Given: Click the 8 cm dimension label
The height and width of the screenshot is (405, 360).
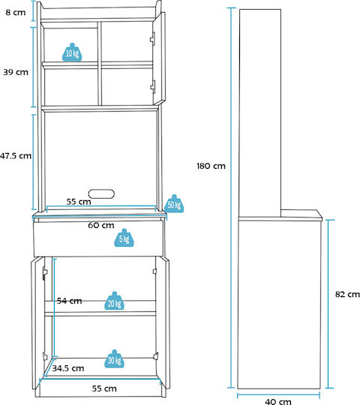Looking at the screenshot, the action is [16, 13].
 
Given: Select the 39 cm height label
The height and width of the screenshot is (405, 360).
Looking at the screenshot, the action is [16, 72].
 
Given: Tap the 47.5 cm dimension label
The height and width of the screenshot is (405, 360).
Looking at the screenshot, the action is [16, 156].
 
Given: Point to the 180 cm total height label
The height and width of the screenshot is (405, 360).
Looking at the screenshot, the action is [211, 166].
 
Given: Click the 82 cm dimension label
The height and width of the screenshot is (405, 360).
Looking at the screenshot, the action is [347, 294].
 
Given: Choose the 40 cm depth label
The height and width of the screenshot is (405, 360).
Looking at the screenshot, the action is [278, 401].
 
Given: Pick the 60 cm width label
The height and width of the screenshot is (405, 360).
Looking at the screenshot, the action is [101, 225].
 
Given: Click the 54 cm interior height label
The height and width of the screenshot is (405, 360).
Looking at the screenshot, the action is [70, 301].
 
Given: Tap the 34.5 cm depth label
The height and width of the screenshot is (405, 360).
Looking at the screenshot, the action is [68, 368].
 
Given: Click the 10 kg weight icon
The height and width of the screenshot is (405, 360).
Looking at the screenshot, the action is [72, 52].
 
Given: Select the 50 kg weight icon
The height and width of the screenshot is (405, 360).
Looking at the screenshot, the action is [174, 204].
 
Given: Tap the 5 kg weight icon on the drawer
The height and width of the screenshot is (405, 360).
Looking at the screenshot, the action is [124, 238].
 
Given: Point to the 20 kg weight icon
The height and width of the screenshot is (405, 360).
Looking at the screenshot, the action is [115, 301].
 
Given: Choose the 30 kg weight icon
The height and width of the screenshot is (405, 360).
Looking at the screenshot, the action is [115, 358].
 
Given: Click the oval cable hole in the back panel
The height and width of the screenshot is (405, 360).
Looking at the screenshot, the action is [101, 193].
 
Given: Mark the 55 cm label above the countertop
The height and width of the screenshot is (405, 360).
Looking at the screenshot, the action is [79, 202].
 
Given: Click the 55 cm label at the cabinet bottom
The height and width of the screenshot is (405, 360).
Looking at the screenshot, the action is [104, 388].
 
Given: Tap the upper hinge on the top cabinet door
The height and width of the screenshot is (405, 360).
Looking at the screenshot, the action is [153, 39].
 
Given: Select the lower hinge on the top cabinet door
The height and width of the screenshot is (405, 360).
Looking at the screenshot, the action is [153, 87].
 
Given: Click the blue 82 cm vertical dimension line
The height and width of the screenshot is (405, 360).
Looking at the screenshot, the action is [328, 304].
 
